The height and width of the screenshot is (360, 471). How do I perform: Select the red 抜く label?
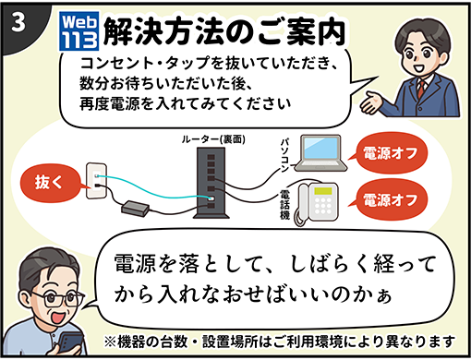coord(50,179)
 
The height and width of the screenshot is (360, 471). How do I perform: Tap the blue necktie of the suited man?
coord(428,101)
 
